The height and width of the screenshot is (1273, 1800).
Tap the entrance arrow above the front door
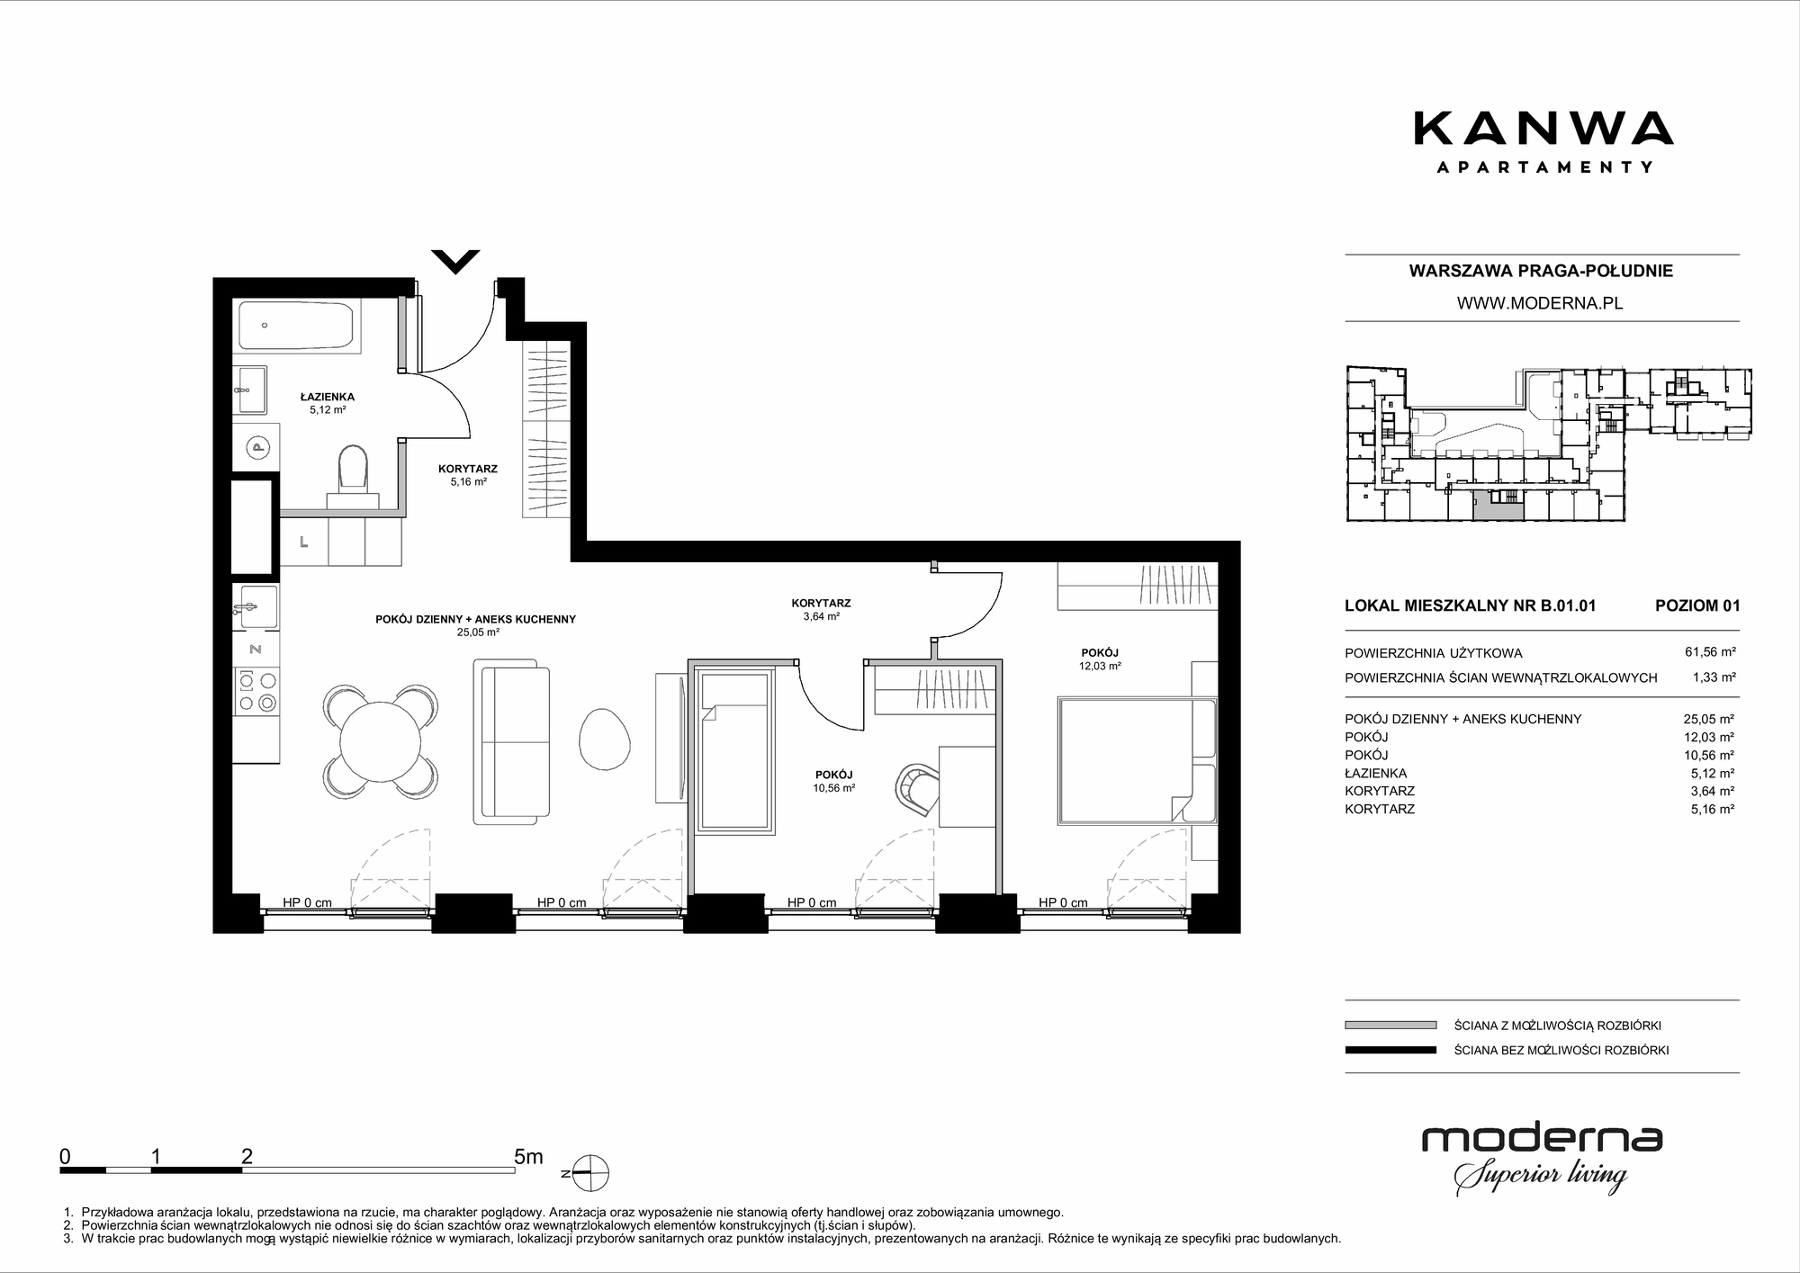coord(455,261)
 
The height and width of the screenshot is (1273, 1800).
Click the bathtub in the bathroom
coord(299,327)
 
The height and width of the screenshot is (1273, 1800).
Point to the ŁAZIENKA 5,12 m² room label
coord(327,403)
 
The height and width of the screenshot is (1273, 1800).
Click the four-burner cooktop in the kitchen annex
coord(256,692)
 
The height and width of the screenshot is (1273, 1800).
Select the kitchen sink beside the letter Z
coord(256,608)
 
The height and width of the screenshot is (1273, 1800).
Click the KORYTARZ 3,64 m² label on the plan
coord(821,610)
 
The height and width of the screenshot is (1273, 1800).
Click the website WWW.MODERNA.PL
coord(1540,303)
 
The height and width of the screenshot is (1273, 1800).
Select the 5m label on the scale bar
coord(528,1157)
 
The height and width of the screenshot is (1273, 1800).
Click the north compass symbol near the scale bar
coord(587,1173)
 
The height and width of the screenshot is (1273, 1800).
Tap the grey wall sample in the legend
coord(1390,1025)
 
